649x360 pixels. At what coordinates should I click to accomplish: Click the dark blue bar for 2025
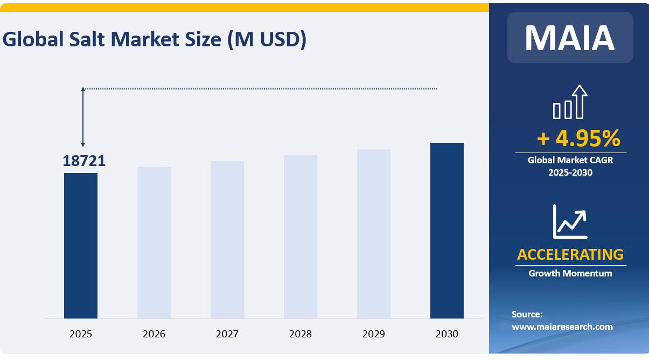click(81, 245)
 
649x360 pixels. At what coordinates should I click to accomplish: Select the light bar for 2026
click(154, 243)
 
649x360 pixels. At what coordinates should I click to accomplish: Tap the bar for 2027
click(227, 240)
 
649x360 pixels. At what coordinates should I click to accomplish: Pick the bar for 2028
click(301, 237)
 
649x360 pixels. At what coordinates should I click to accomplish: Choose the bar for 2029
click(374, 234)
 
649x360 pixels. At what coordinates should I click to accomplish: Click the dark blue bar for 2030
click(447, 231)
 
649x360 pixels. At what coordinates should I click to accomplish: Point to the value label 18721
click(84, 161)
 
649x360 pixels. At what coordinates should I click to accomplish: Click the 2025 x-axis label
click(81, 334)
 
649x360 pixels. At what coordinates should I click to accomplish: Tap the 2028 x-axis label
click(301, 334)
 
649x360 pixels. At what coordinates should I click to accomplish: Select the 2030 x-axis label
click(447, 334)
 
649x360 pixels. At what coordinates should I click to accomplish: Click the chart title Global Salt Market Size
click(155, 40)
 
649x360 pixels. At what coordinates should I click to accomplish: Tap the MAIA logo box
click(570, 38)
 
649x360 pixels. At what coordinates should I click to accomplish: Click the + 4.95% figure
click(578, 139)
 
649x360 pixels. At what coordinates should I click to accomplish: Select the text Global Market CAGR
click(570, 160)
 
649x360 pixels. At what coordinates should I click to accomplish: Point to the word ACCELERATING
click(570, 254)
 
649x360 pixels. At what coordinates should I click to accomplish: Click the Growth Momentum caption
click(570, 273)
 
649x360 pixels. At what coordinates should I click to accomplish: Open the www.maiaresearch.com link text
click(562, 327)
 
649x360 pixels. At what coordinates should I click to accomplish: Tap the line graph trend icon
click(570, 221)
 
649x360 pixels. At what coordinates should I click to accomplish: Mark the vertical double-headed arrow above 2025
click(83, 117)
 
